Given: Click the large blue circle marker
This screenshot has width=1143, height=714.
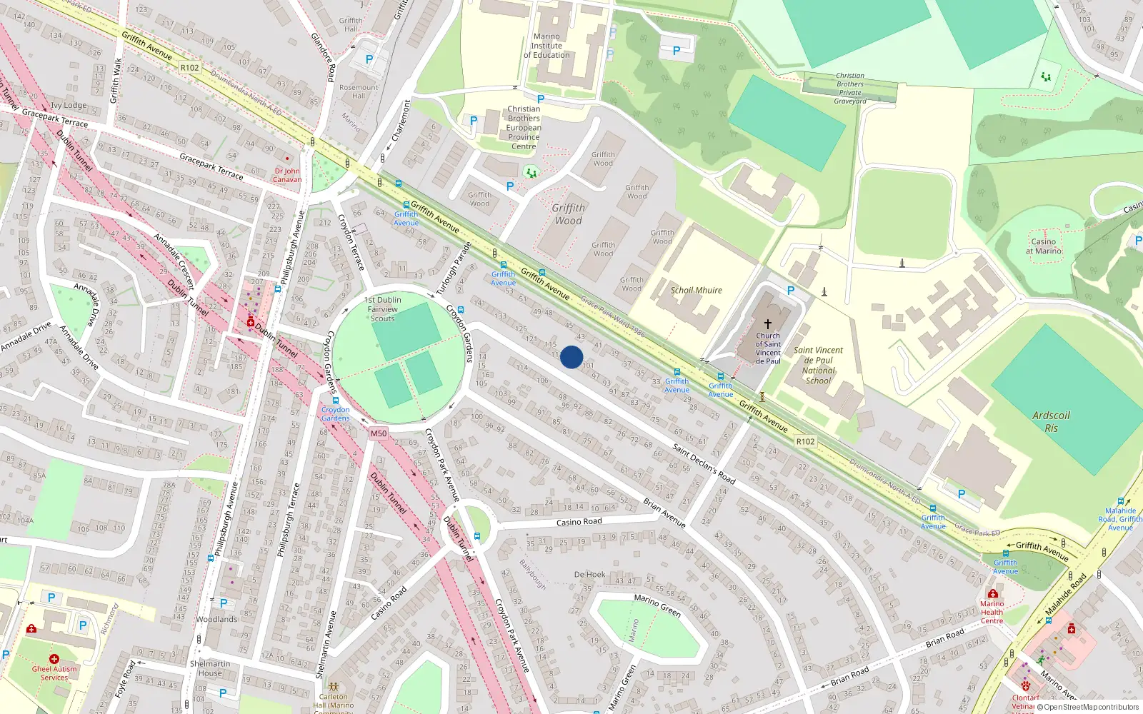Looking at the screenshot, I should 571,357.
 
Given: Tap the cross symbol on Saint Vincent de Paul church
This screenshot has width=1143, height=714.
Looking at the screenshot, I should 768,324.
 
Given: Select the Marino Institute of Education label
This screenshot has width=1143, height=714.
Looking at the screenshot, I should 546,46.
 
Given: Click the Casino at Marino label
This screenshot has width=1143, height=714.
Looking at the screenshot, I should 1043,246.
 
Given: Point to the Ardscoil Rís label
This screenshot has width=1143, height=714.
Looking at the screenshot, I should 1051,421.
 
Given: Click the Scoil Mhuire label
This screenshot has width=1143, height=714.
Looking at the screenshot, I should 696,291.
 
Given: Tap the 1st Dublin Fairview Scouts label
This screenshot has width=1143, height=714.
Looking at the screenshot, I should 382,309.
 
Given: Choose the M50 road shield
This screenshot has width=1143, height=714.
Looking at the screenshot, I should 378,433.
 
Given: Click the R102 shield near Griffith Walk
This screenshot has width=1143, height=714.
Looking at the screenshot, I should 189,68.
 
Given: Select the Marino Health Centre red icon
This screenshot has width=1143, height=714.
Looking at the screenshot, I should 992,593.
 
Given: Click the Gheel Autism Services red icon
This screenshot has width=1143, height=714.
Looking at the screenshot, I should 54,658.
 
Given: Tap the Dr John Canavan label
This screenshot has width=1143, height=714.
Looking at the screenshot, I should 287,175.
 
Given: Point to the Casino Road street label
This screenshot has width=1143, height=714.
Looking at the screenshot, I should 579,522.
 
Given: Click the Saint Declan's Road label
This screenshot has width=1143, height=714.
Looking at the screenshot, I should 704,463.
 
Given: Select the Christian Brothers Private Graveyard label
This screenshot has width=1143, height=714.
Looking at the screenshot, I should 850,89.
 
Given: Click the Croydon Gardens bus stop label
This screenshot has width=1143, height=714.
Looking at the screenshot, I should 335,413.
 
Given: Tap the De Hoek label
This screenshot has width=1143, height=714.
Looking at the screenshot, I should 589,574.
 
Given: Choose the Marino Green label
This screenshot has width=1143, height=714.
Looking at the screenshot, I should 657,605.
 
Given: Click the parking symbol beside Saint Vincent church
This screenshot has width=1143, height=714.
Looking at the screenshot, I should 790,291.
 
